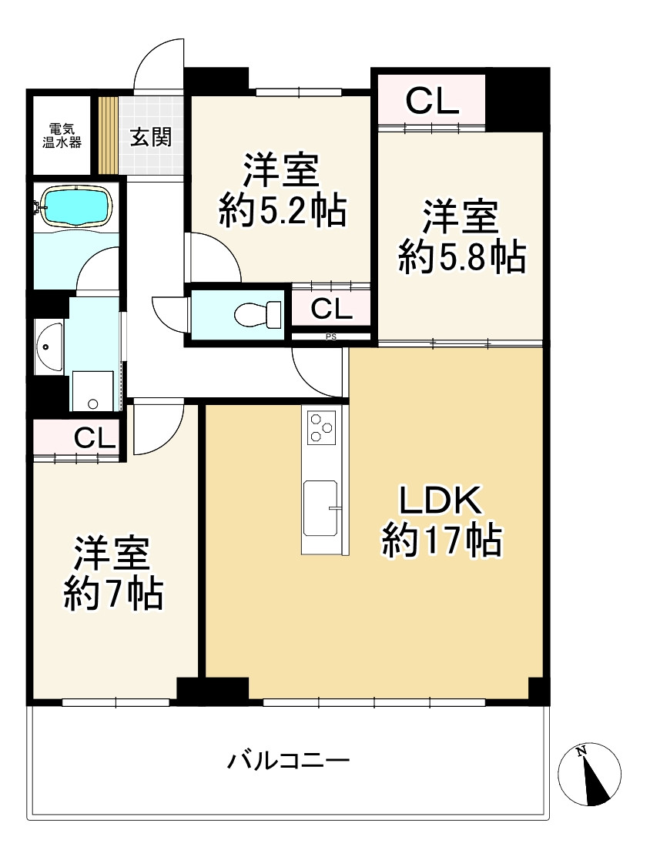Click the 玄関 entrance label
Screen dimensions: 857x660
click(150, 138)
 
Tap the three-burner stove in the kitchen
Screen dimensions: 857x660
click(322, 427)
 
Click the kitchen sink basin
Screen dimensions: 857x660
click(320, 507)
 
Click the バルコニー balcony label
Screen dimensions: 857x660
click(288, 762)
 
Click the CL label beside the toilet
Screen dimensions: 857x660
click(331, 310)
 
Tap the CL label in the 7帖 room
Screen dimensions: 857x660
click(95, 439)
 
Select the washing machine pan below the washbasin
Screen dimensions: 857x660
click(92, 392)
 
